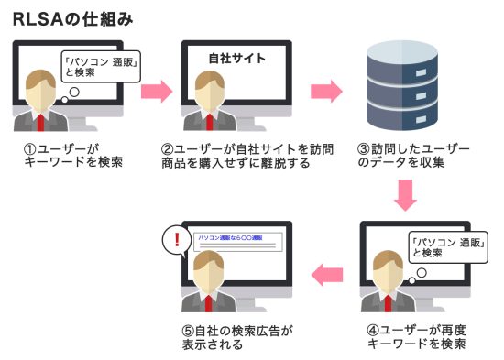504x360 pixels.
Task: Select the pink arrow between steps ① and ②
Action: tap(156, 91)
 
